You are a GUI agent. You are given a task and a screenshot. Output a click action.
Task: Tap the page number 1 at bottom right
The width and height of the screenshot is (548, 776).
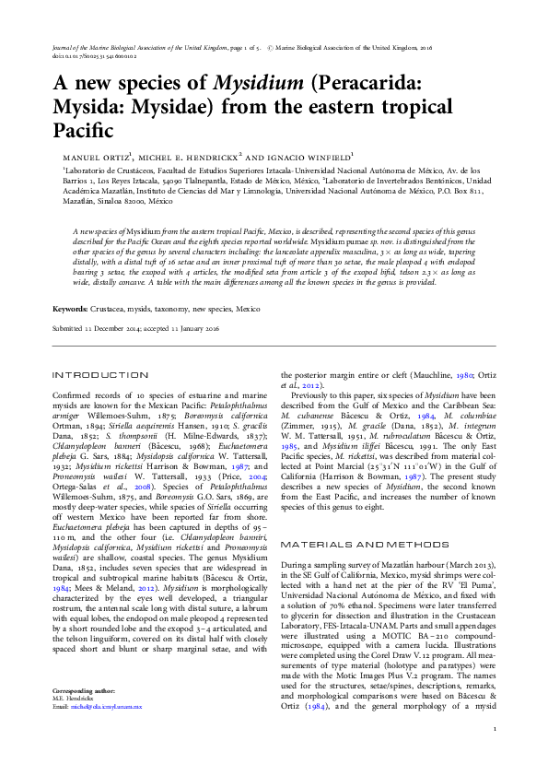(x=495, y=756)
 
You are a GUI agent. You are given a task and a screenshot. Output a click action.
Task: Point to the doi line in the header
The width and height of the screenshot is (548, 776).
(x=92, y=54)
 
